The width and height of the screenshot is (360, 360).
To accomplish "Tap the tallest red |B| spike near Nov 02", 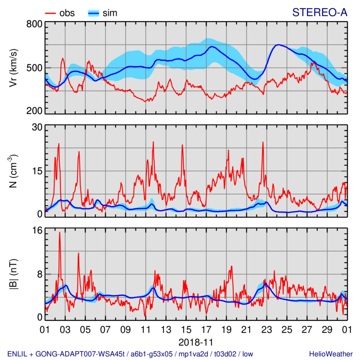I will point(59,233).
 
